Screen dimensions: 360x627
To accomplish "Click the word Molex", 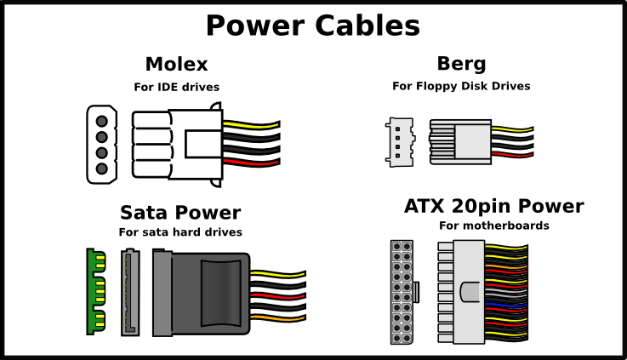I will (176, 65).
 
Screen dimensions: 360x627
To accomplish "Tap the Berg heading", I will (461, 64).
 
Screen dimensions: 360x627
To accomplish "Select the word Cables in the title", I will (369, 26).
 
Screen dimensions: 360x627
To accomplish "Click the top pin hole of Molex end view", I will (101, 120).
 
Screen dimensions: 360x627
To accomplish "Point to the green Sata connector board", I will (94, 291).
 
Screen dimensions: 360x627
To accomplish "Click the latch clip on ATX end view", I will (417, 292).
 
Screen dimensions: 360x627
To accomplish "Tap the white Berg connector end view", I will (399, 141).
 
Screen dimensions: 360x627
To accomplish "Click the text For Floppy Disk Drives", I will (461, 86).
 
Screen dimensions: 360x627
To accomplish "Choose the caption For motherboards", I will (493, 226).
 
